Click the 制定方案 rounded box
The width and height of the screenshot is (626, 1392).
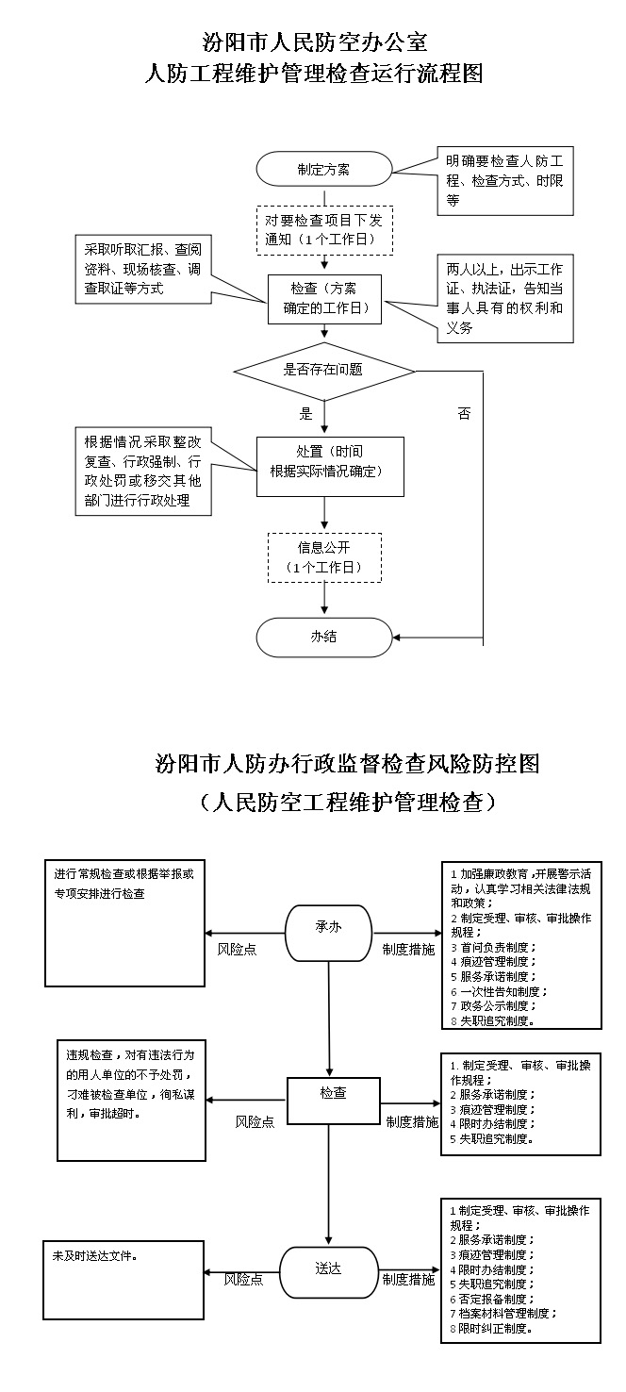(x=324, y=169)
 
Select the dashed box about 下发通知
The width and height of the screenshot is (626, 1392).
(x=325, y=230)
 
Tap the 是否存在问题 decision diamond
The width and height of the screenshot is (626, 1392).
(x=324, y=372)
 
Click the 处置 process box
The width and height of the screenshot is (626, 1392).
(x=330, y=467)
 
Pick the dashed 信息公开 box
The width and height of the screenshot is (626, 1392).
(x=324, y=557)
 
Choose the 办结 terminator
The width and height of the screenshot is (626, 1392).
(x=324, y=637)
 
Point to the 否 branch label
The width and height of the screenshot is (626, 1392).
(x=465, y=413)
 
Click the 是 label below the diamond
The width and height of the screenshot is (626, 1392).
(x=305, y=414)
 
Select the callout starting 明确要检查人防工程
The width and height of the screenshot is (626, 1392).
(x=505, y=181)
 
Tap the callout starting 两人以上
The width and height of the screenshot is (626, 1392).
(x=505, y=298)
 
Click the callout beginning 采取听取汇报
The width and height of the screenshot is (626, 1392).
(x=143, y=269)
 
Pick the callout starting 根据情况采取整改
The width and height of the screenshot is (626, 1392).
(x=143, y=471)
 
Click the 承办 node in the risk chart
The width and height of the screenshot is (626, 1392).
(x=328, y=932)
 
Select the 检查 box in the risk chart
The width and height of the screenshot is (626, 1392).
(x=333, y=1101)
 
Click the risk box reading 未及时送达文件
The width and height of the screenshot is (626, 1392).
(x=124, y=1280)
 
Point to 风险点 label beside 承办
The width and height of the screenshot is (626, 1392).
(x=237, y=950)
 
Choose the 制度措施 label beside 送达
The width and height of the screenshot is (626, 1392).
(x=408, y=1280)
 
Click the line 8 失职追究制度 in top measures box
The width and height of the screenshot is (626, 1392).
(x=493, y=1020)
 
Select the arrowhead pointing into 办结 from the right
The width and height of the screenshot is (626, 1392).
(x=397, y=638)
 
